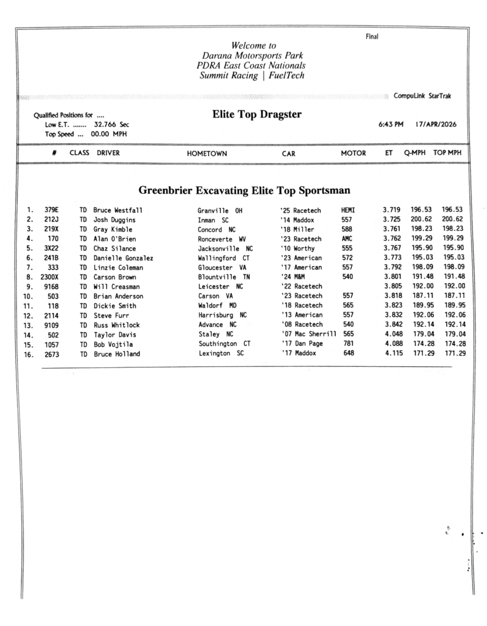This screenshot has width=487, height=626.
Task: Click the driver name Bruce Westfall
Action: pyautogui.click(x=118, y=210)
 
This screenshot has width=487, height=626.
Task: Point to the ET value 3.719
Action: pyautogui.click(x=392, y=210)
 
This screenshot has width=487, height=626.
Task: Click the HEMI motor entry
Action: pyautogui.click(x=348, y=210)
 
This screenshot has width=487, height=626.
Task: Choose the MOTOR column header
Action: pyautogui.click(x=353, y=153)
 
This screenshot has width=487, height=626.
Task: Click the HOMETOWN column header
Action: pyautogui.click(x=209, y=154)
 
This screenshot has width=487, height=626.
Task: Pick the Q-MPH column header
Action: pyautogui.click(x=415, y=153)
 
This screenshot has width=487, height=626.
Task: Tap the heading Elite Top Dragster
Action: pyautogui.click(x=256, y=114)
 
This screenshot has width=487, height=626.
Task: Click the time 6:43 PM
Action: pyautogui.click(x=392, y=124)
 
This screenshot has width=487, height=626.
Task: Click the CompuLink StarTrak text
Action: pyautogui.click(x=423, y=96)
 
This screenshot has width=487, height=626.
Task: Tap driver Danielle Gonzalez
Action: pyautogui.click(x=123, y=258)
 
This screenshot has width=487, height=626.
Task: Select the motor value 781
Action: pyautogui.click(x=349, y=344)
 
